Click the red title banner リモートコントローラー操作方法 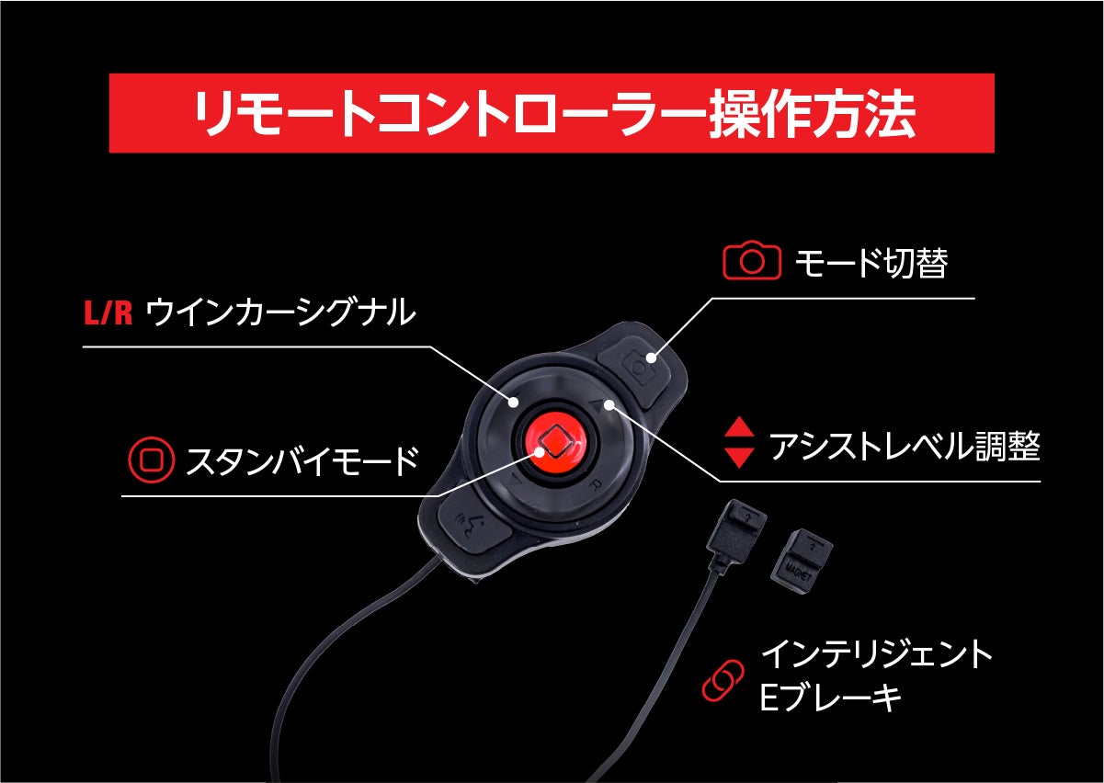click(552, 113)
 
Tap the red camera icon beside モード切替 click(752, 260)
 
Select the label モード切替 click(871, 263)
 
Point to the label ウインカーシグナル click(281, 312)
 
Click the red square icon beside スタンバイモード click(152, 459)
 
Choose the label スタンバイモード click(302, 460)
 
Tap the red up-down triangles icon click(739, 442)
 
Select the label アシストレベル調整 click(905, 446)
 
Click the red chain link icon click(723, 680)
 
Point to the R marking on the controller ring click(595, 486)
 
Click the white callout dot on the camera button click(651, 358)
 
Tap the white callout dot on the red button click(541, 452)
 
